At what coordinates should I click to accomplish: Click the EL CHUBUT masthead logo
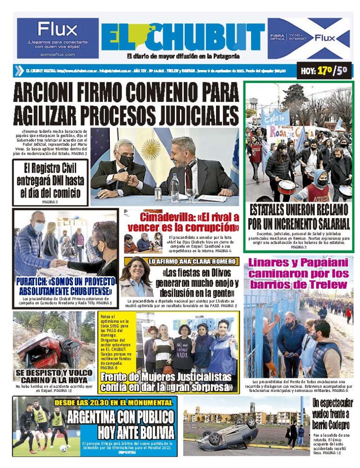click(x=183, y=37)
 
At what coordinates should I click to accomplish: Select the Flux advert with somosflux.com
click(x=58, y=38)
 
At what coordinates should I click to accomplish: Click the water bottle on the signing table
click(x=174, y=188)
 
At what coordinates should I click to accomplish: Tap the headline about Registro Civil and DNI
click(x=50, y=180)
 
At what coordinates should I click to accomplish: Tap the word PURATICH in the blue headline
click(x=34, y=283)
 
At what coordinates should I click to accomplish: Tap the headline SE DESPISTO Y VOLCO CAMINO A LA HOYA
click(x=55, y=376)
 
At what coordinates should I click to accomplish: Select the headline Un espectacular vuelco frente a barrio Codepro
click(x=332, y=414)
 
